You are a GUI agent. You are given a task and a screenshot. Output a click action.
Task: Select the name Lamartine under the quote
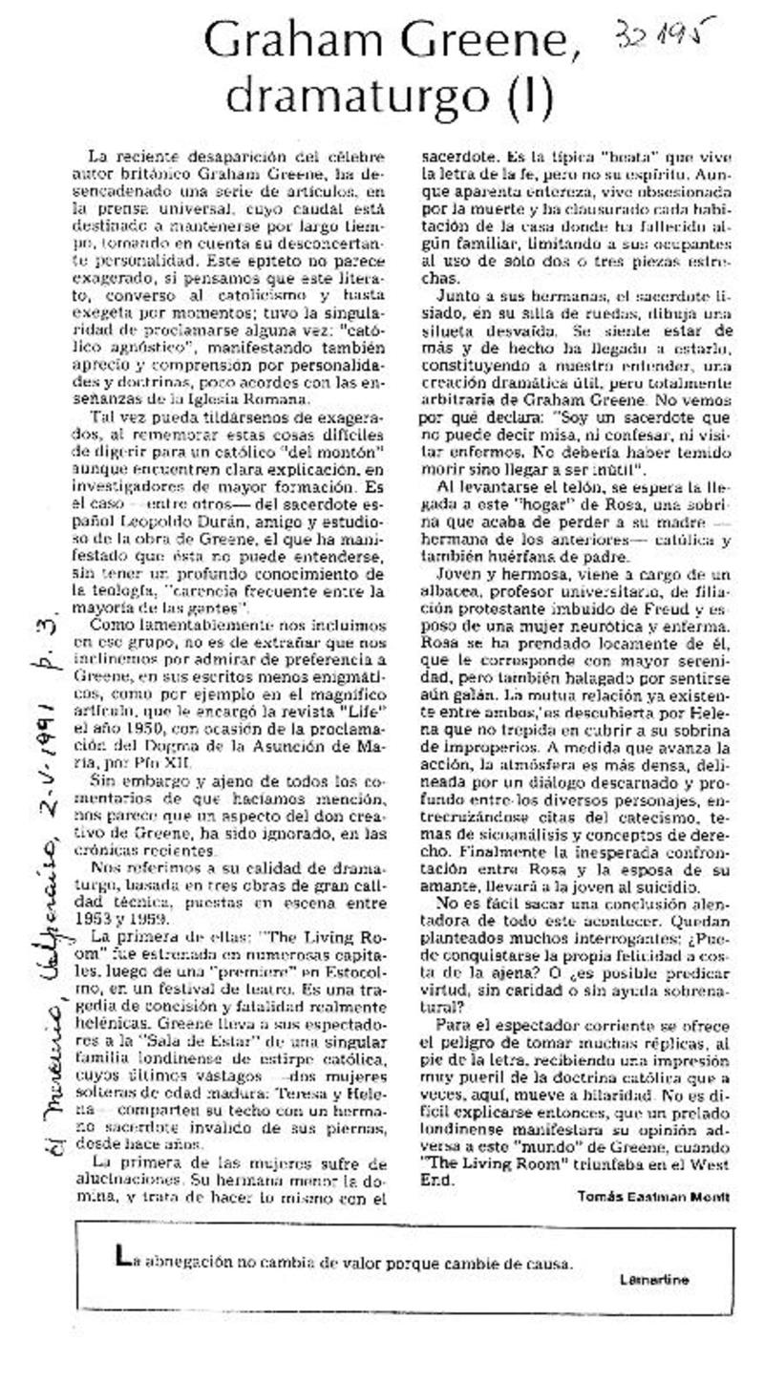coord(653,1279)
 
